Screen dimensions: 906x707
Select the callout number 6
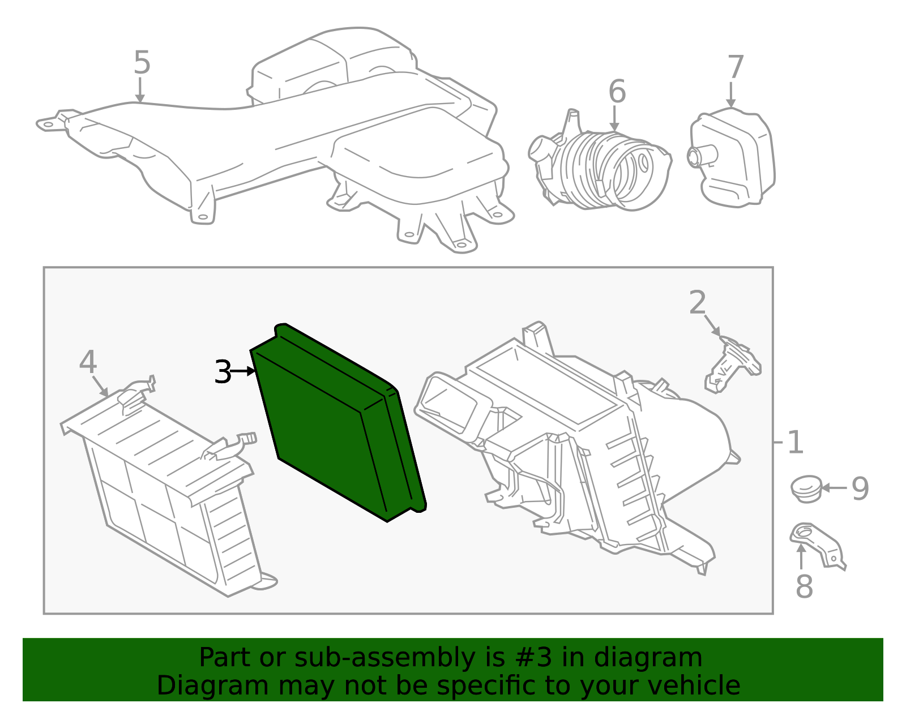pos(617,91)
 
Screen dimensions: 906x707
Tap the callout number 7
pos(736,67)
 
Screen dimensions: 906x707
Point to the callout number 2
pos(697,302)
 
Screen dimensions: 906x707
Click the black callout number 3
pos(223,372)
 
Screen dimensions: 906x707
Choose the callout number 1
pos(795,443)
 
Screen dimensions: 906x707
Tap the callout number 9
pos(860,489)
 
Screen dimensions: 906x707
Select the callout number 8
pos(804,586)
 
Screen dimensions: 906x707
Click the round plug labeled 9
pos(806,489)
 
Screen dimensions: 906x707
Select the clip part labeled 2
pos(733,365)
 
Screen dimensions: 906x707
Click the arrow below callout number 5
pos(140,89)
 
